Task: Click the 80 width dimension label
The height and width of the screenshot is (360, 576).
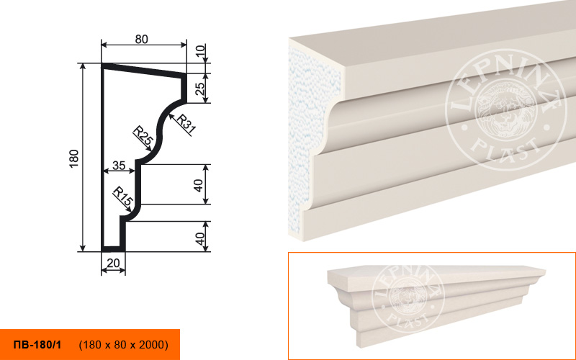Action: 141,39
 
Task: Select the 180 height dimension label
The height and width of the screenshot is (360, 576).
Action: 74,158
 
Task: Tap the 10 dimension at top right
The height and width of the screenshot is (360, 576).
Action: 200,50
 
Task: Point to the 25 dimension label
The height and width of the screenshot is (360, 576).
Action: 199,89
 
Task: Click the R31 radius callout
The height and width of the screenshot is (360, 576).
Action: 186,123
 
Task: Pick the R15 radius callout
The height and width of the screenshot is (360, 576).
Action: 122,197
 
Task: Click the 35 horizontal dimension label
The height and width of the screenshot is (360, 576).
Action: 119,166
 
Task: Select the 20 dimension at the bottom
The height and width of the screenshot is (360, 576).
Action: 113,263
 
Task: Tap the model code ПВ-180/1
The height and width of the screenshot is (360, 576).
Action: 37,345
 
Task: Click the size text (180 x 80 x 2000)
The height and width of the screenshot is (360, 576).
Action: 124,345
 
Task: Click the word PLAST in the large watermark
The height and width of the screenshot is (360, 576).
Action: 506,148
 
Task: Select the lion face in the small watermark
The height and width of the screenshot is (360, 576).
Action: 408,297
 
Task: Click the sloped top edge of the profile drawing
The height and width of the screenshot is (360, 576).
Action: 143,70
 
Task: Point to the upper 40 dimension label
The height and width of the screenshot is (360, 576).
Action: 199,185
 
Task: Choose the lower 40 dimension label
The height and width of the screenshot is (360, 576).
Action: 199,238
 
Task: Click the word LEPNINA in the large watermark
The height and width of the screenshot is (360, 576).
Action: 505,85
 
